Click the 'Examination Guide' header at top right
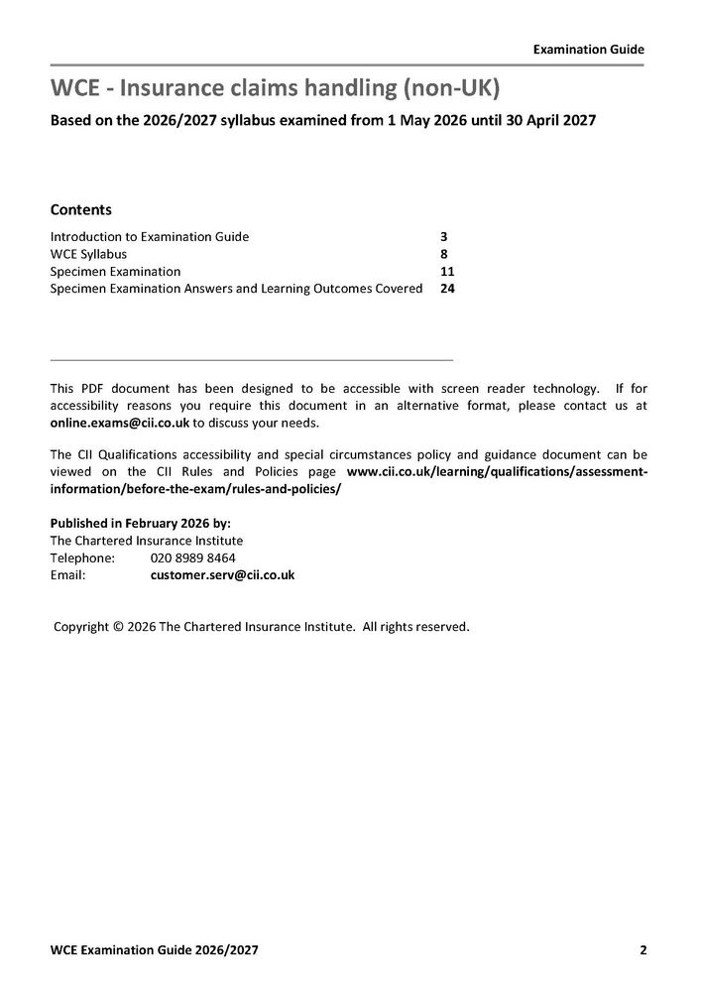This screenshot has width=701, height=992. point(588,48)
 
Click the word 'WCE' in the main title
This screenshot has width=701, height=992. point(76,89)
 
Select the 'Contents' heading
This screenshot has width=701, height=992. point(80,210)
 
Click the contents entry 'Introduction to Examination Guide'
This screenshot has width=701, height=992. point(149,237)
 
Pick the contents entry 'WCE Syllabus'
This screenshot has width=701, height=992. point(88,254)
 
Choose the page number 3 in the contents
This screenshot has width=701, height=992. point(443,237)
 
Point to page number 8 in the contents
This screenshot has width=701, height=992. point(443,254)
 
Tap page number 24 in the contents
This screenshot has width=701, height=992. point(447,289)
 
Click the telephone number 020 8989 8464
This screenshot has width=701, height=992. point(192,558)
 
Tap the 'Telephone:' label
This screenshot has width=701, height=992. point(82,558)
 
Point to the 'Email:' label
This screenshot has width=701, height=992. point(68,574)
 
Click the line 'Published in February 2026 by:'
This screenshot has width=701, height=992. point(140,523)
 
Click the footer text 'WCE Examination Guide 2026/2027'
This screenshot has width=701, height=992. point(154,949)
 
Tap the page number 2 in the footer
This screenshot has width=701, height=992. point(643,949)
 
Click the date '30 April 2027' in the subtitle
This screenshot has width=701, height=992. point(547,121)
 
